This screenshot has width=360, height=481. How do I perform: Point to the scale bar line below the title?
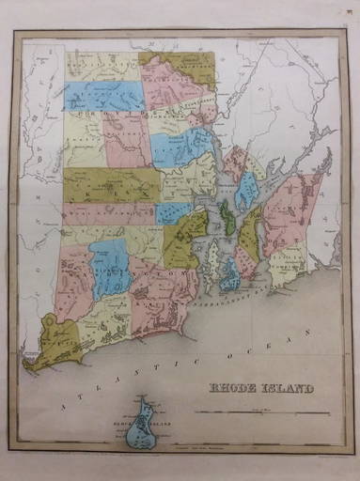pyautogui.click(x=262, y=411)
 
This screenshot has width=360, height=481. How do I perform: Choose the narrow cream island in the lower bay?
pyautogui.click(x=214, y=257)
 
